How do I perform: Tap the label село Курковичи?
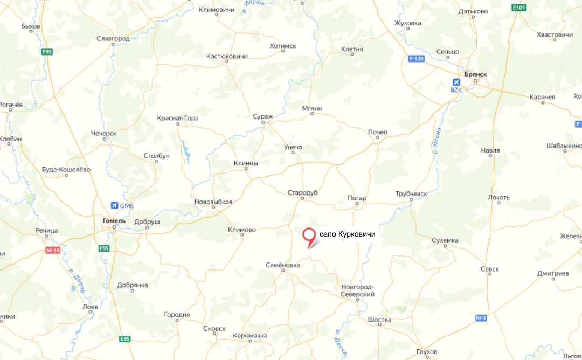(347, 234)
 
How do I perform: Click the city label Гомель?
(114, 220)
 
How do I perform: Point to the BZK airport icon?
(456, 82)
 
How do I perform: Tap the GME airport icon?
(114, 205)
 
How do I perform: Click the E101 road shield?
(519, 8)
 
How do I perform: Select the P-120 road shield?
(416, 58)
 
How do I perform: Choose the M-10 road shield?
(53, 250)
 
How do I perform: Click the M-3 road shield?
(481, 318)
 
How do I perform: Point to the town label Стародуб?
(303, 192)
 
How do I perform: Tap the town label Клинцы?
(246, 163)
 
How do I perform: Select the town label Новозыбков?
(213, 202)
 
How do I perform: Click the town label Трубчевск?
(411, 193)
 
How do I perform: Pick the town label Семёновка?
(283, 265)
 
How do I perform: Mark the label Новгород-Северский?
(358, 290)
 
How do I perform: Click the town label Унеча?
(293, 147)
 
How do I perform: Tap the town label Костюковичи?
(227, 56)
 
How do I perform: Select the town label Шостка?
(379, 319)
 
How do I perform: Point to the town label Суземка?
(445, 240)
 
